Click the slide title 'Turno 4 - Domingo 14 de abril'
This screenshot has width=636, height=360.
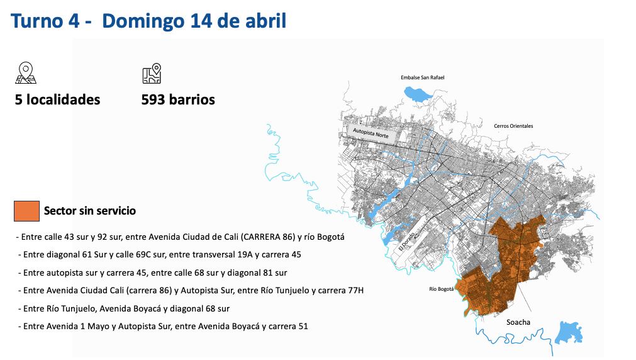point(149,21)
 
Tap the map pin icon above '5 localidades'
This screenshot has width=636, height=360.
point(26,73)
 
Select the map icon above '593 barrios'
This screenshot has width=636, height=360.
point(152,73)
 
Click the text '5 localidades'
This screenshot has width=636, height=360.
point(58,99)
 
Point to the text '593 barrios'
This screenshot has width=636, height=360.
point(178,99)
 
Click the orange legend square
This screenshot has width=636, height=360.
point(26,211)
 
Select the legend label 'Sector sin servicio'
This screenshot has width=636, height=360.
point(89,211)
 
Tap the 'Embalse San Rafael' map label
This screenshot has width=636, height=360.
point(422,77)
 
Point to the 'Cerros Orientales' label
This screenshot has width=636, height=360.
point(513,126)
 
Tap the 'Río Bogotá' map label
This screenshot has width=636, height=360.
point(441,290)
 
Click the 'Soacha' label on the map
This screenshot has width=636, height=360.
point(518,322)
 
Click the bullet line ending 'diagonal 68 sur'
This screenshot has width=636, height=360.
point(125,308)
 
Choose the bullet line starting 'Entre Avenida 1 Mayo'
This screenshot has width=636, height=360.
point(164,326)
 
